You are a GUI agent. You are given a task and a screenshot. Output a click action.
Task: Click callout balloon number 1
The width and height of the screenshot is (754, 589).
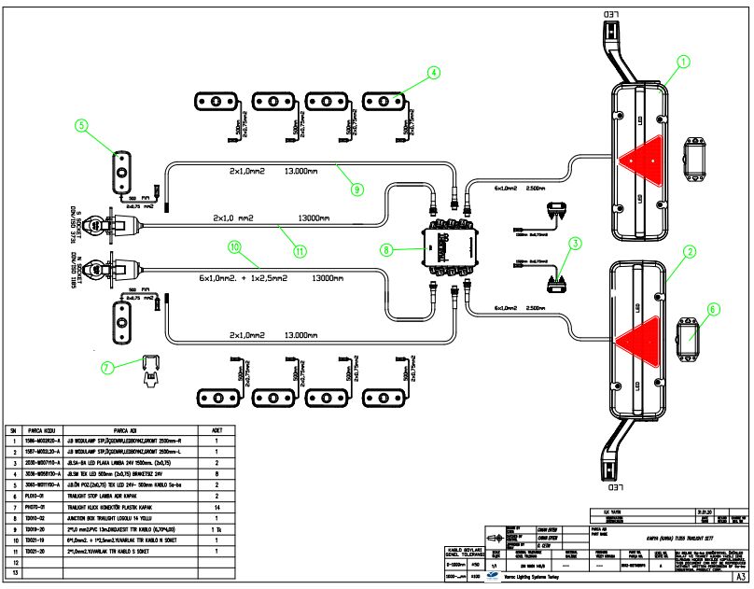tap(684, 63)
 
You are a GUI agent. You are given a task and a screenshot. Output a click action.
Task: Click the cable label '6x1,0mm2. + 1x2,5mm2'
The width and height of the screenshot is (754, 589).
tap(243, 278)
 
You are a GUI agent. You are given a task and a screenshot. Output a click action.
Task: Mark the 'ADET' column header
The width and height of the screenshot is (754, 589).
tap(216, 431)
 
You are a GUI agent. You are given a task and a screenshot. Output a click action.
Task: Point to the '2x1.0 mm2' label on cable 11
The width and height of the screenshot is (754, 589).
tap(238, 217)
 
